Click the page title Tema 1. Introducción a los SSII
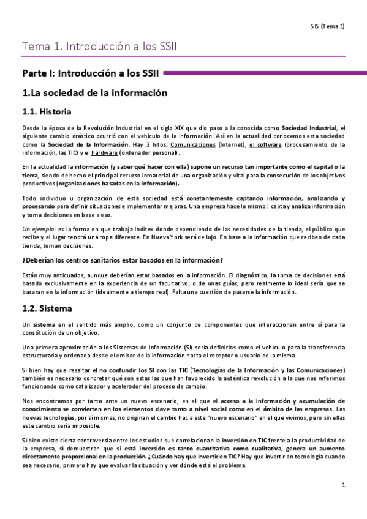[100, 47]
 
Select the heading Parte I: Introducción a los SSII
[91, 73]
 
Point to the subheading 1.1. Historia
[47, 112]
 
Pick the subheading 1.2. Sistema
[47, 309]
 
